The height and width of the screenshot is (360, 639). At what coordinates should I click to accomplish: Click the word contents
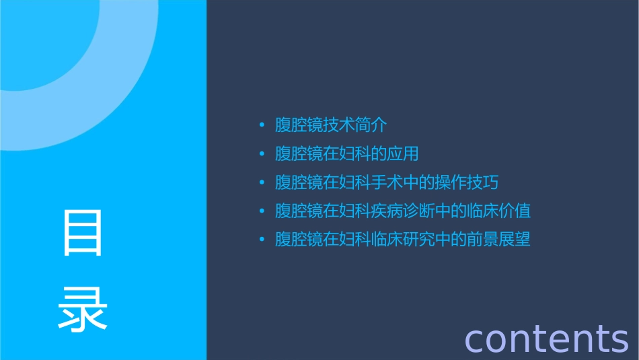pyautogui.click(x=546, y=338)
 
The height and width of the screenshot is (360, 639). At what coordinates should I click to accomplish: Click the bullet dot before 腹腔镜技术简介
pyautogui.click(x=262, y=126)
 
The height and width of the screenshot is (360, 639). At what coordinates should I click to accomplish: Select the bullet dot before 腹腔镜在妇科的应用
pyautogui.click(x=262, y=154)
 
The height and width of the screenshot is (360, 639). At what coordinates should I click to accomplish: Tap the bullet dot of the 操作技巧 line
pyautogui.click(x=262, y=183)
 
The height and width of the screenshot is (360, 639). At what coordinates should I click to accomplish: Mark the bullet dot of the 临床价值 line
pyautogui.click(x=262, y=211)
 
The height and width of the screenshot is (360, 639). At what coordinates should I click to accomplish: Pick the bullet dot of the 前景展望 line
pyautogui.click(x=262, y=240)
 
